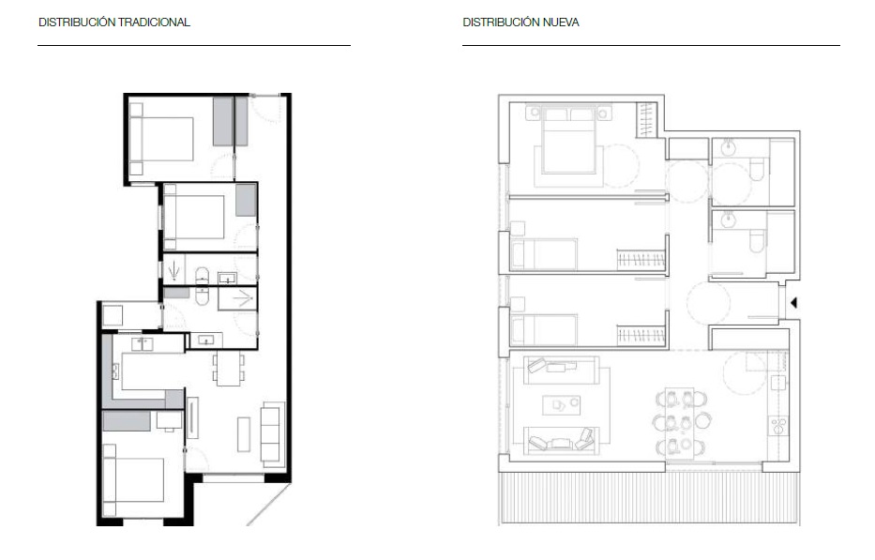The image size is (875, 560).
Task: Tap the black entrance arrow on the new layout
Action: point(793,303)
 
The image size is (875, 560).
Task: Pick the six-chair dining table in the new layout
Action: point(679,423)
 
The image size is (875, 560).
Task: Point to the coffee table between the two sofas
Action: point(561,405)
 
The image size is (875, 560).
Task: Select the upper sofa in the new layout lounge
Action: point(562,371)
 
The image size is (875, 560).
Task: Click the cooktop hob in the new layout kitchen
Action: point(779,427)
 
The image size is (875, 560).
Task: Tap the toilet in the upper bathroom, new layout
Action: point(757,170)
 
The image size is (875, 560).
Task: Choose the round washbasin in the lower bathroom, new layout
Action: point(729,220)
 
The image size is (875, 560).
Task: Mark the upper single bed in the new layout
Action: point(545,254)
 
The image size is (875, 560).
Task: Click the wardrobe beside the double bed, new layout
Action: point(646,119)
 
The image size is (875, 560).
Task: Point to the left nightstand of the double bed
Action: point(534,113)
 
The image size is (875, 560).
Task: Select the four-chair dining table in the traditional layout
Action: point(228,368)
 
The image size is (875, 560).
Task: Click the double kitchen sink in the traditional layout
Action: point(143,343)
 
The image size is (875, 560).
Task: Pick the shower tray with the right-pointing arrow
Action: point(237,298)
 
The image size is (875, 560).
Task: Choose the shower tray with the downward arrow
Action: point(174,269)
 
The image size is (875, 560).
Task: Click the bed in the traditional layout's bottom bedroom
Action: point(133,480)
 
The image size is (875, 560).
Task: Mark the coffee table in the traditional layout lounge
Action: point(244,434)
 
